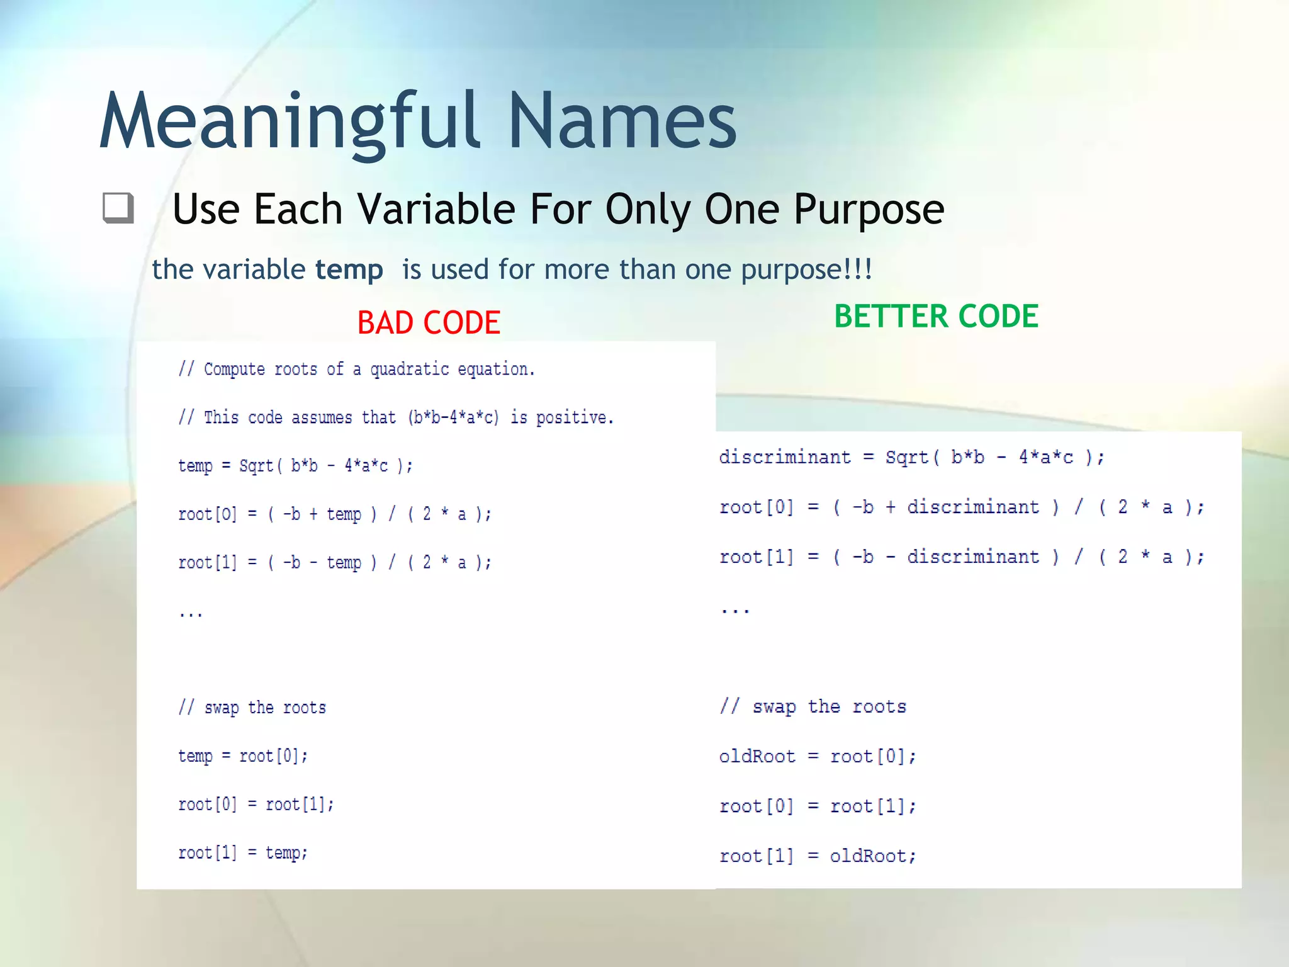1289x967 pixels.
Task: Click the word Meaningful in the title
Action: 290,121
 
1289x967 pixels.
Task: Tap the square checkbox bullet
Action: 118,208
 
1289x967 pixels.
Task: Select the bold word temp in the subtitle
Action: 349,269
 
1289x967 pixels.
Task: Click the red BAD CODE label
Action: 429,322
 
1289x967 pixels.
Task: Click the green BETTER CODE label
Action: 936,316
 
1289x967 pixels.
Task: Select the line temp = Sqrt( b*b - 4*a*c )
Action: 295,466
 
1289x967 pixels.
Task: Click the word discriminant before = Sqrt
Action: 784,456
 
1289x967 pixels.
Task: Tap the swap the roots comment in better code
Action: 813,706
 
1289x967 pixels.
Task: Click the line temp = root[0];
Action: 243,755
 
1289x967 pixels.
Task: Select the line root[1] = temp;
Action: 243,852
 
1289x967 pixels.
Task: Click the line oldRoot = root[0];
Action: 817,756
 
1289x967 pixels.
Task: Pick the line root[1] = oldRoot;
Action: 817,856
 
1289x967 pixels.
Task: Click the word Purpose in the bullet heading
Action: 869,209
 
